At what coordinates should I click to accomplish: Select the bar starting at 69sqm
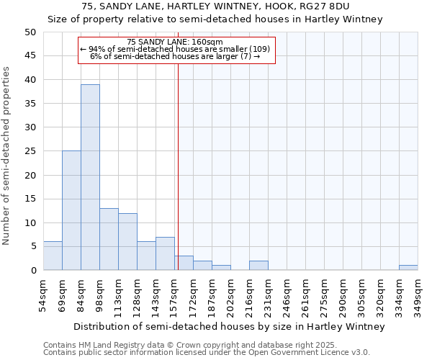click(71, 210)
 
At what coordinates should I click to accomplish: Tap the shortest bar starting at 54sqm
click(53, 256)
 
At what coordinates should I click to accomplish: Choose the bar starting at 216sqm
click(258, 265)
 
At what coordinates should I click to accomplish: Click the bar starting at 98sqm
click(109, 239)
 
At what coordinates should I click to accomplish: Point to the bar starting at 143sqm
click(165, 253)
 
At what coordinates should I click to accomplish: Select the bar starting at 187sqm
click(221, 268)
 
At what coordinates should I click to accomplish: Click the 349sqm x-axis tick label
click(418, 295)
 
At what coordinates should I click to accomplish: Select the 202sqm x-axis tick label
click(230, 295)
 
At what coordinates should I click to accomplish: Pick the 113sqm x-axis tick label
click(119, 295)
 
